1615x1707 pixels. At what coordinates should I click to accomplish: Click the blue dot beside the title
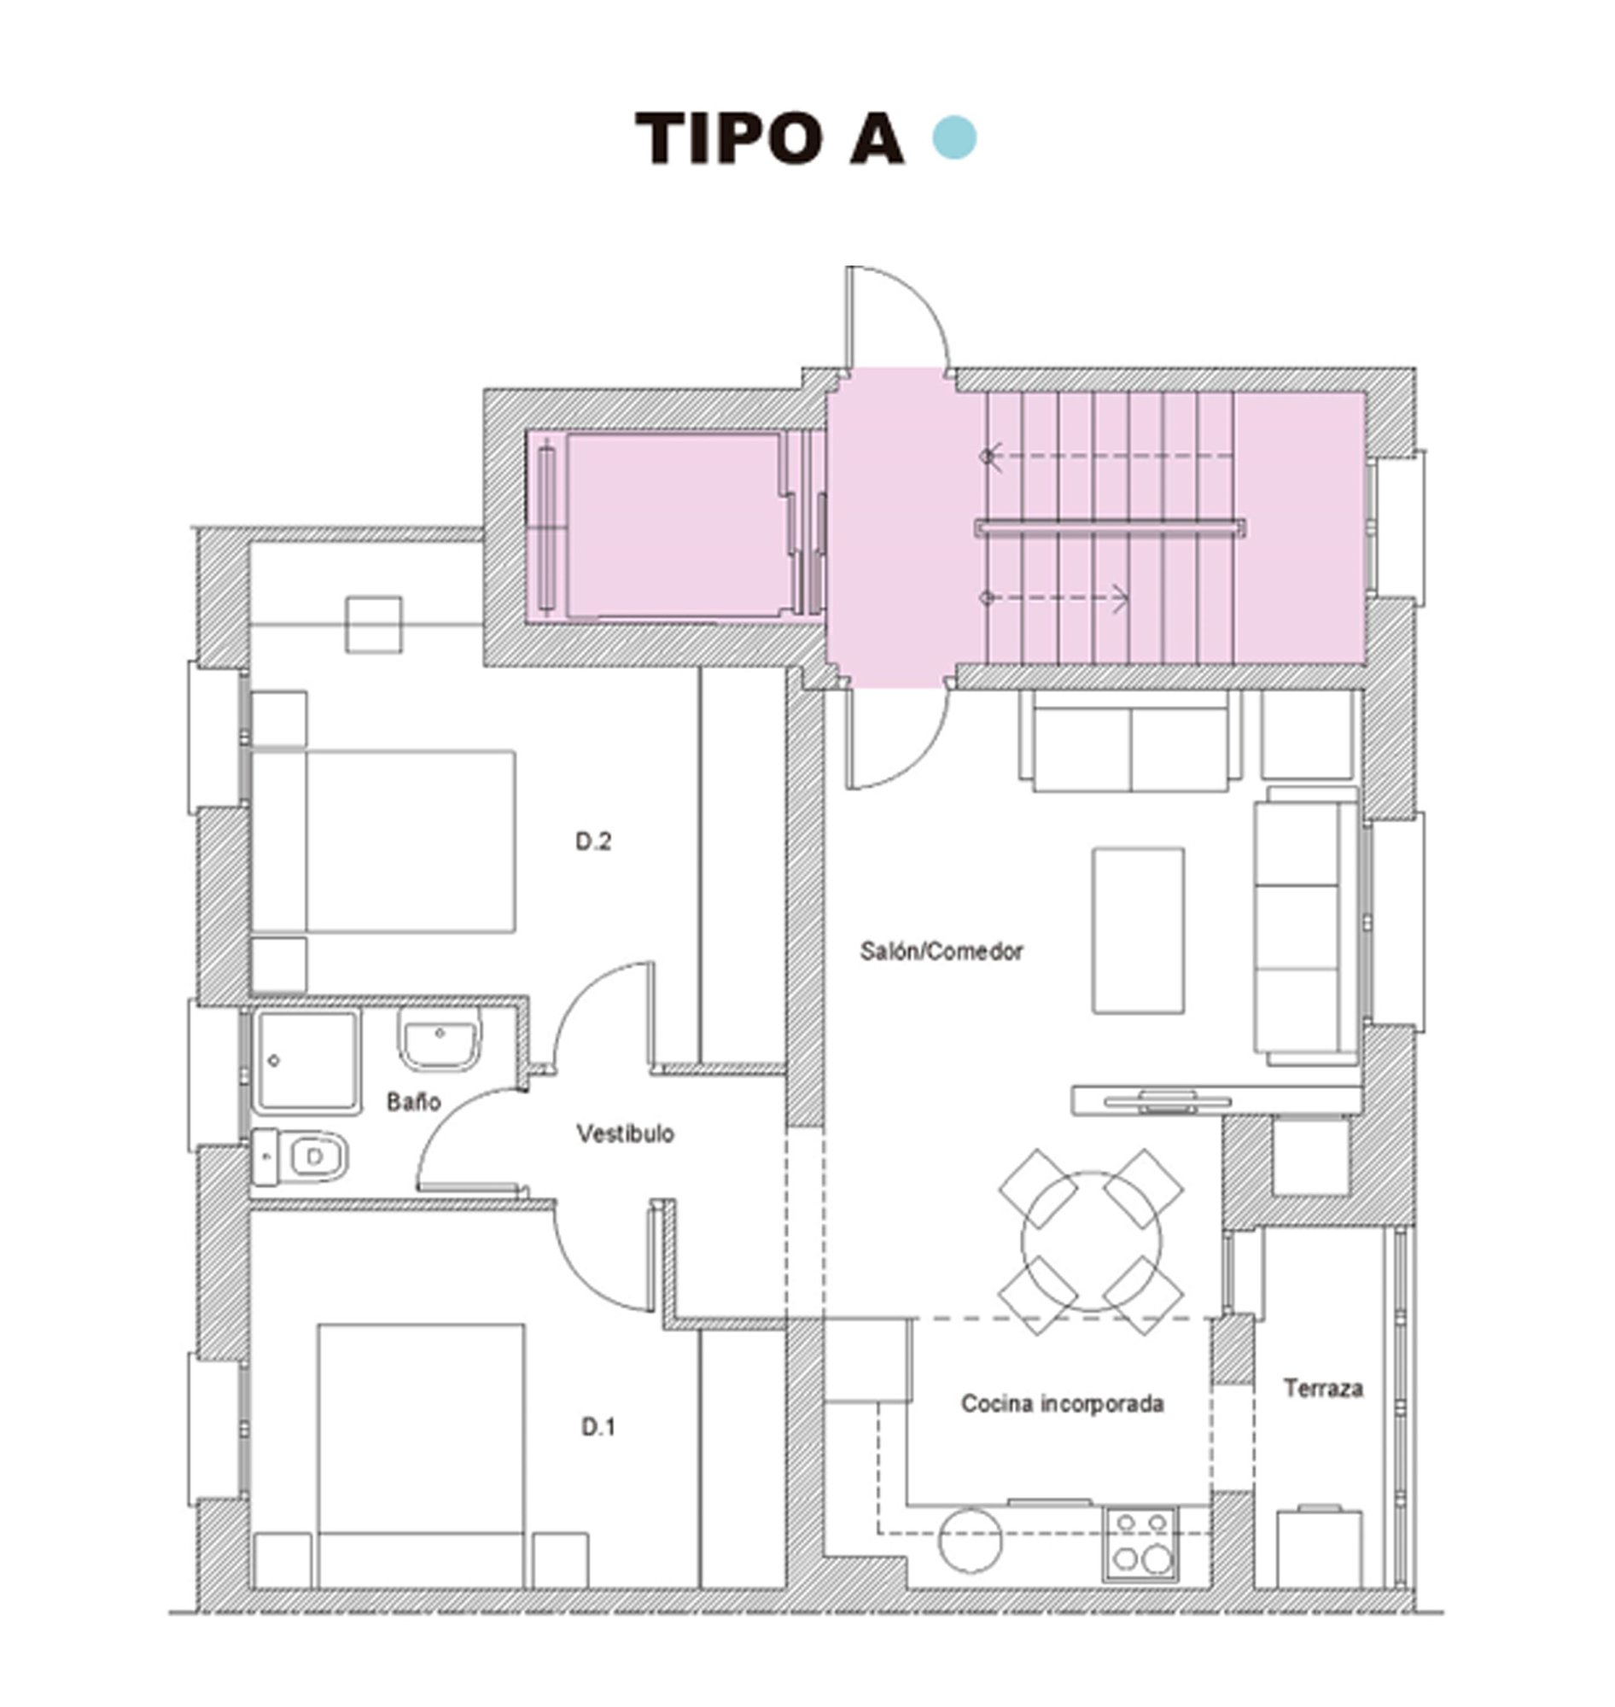point(954,138)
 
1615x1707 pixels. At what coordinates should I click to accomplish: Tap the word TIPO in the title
point(728,138)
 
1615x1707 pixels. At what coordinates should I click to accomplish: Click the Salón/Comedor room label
point(941,951)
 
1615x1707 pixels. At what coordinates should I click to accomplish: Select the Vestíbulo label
point(625,1133)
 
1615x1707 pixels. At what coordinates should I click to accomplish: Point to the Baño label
point(413,1102)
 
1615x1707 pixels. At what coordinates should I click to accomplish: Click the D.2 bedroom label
point(593,842)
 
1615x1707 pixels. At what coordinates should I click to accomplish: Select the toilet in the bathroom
point(301,1156)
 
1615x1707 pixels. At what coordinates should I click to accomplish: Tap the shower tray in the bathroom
point(306,1061)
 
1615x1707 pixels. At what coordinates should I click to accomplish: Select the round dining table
point(1091,1242)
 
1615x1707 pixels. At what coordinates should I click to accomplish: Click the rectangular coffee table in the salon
point(1138,930)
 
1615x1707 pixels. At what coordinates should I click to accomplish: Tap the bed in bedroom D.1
point(421,1454)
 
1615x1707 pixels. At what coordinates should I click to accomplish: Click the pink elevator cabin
point(673,525)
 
